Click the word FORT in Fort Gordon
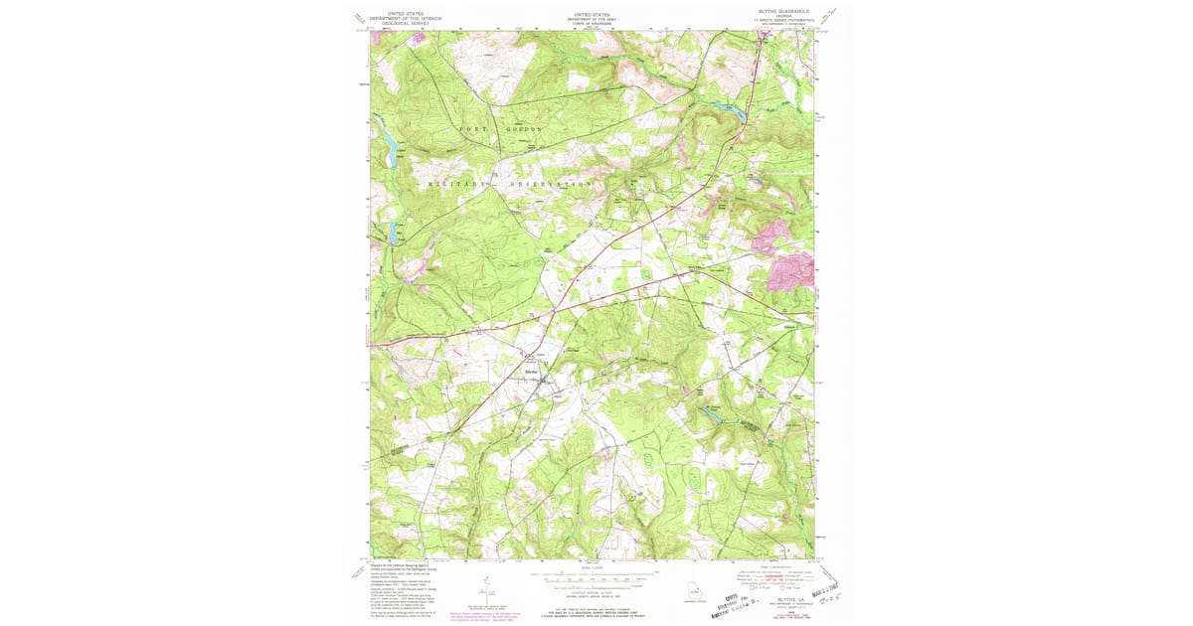471,130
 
